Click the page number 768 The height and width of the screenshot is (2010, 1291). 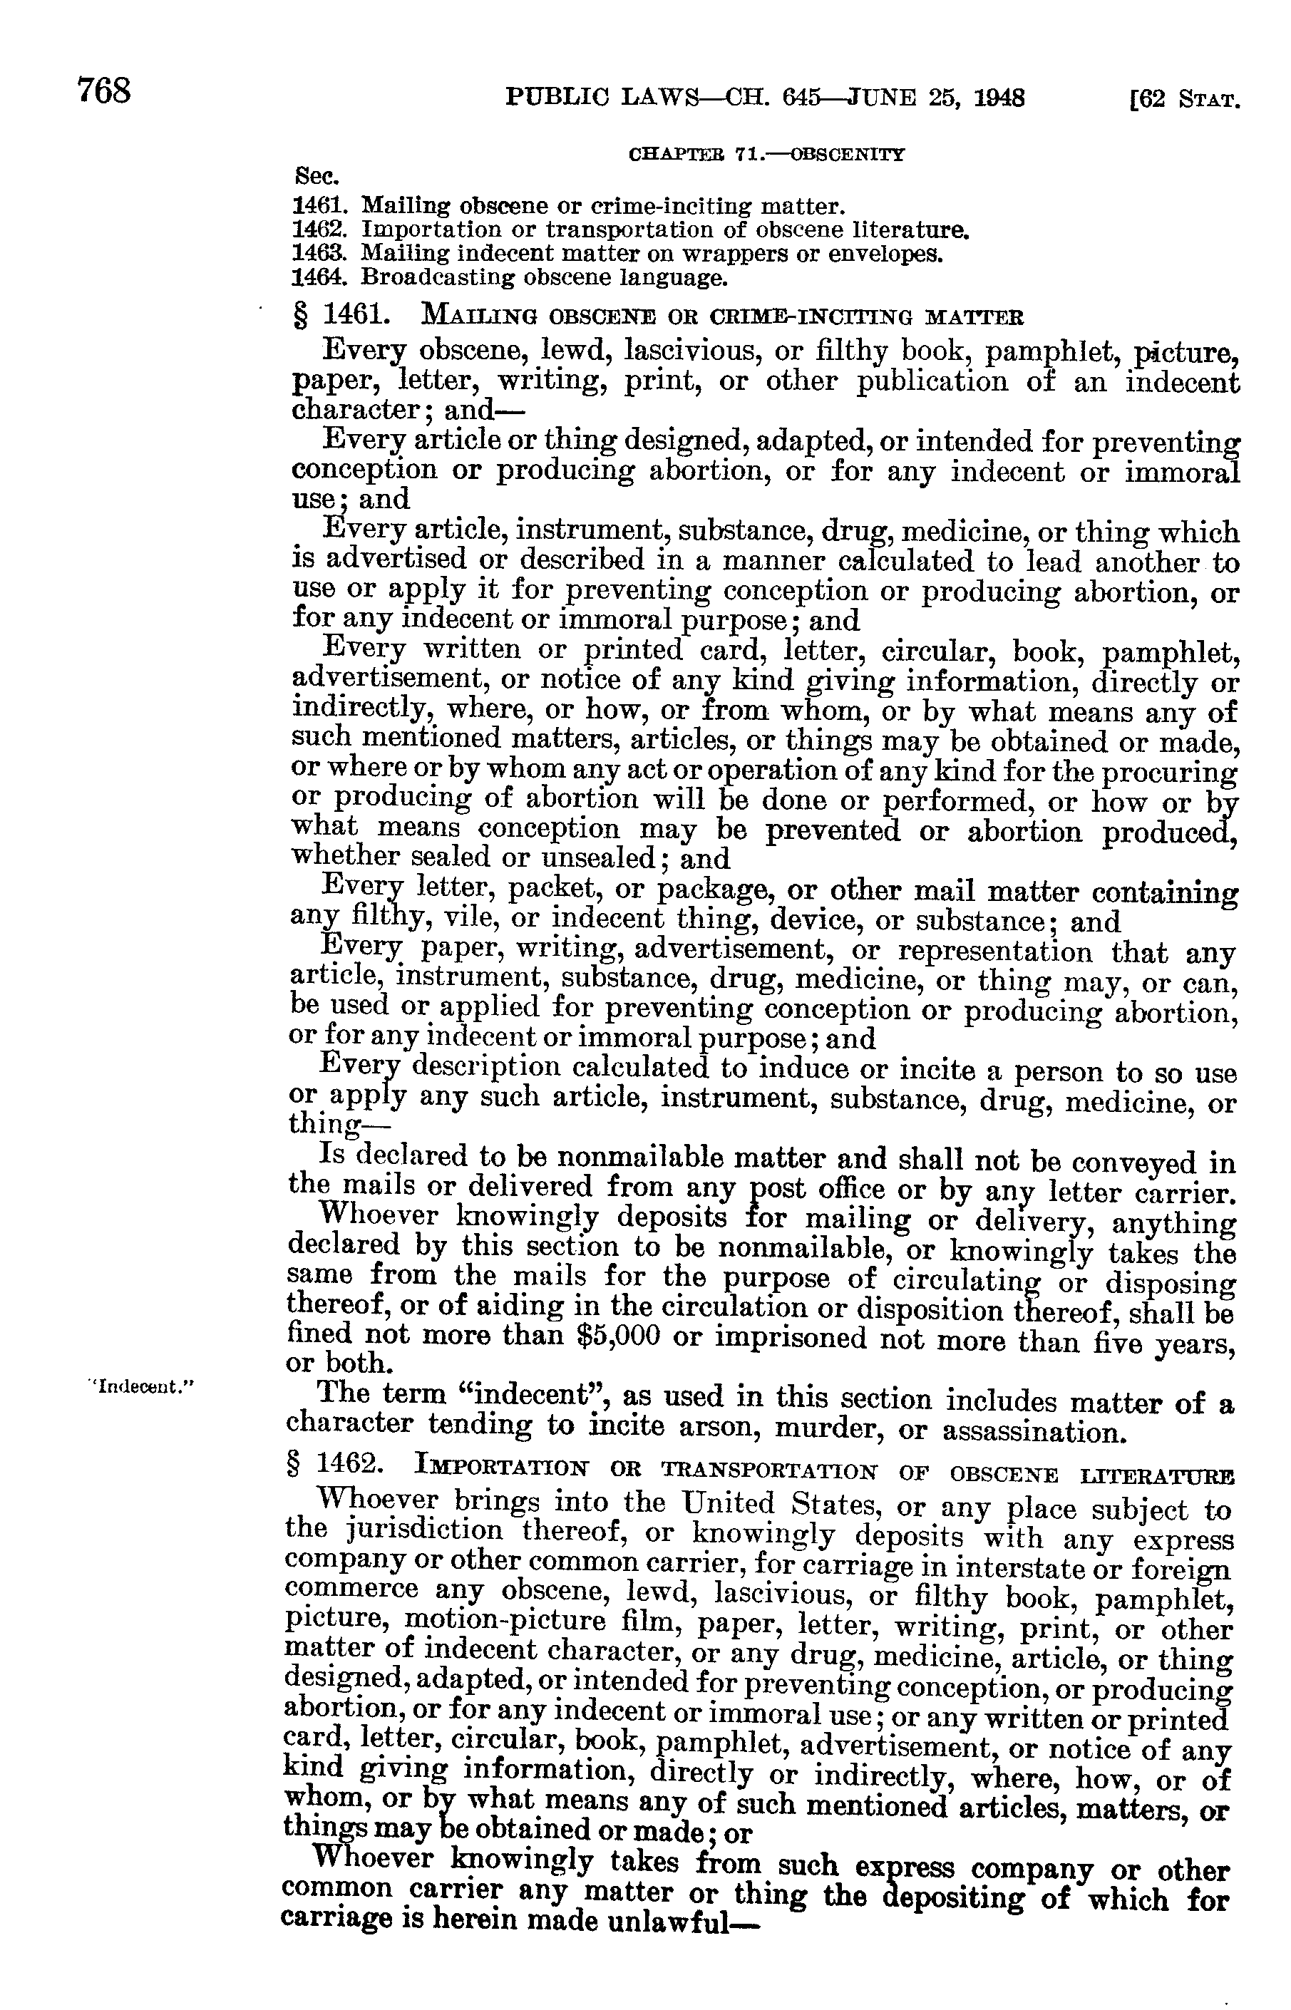[105, 90]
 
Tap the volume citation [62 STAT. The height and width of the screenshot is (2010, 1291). [1185, 100]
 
